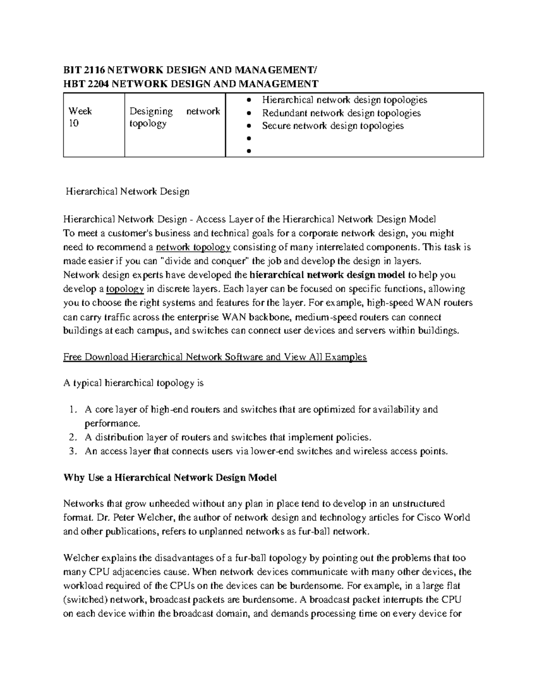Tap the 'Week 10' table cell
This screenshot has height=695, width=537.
pos(80,117)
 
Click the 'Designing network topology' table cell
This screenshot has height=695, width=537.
pos(175,117)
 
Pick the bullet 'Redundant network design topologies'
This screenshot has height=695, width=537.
pos(341,113)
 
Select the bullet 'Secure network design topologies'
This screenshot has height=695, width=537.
pos(332,126)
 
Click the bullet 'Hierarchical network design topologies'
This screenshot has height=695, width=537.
pos(344,100)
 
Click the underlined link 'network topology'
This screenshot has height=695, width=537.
pos(193,247)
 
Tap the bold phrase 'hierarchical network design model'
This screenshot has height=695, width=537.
pos(327,275)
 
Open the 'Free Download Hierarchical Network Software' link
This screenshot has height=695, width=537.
pos(215,357)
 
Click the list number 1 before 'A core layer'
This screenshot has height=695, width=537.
pos(73,409)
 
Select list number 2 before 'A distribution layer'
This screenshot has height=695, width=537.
pos(73,437)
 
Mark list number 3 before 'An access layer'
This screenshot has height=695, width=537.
pos(73,451)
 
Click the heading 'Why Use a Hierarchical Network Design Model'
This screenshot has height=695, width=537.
pos(170,478)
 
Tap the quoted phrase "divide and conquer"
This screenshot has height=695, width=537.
pos(205,261)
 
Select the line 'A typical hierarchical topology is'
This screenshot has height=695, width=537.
pos(134,383)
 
